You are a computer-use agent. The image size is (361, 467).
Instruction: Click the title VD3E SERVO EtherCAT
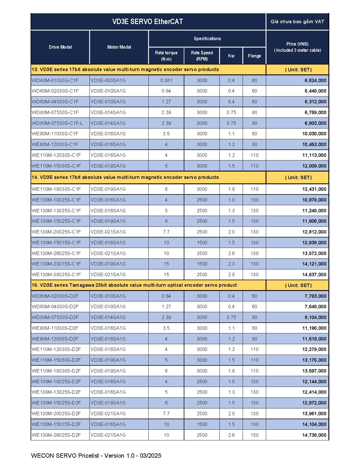point(148,22)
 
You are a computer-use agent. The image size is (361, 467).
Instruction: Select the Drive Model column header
point(60,47)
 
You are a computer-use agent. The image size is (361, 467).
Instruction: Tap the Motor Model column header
point(119,47)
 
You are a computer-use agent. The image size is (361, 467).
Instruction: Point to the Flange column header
point(254,56)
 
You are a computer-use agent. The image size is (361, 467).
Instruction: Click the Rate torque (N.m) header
point(166,56)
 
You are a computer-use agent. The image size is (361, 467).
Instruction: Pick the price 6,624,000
point(315,80)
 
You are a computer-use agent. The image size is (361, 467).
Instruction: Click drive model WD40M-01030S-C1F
point(55,80)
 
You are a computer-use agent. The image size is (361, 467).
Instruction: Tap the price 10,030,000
point(314,134)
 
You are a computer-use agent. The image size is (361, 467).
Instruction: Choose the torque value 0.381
point(166,80)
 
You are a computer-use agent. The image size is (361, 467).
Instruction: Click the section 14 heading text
point(125,177)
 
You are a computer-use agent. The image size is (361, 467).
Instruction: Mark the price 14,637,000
point(314,275)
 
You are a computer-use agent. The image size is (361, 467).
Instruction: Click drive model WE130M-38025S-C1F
point(56,275)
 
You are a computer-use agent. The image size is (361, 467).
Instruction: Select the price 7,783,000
point(315,296)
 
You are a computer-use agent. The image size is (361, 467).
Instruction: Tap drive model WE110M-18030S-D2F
point(56,371)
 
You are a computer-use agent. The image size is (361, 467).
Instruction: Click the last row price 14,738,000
point(314,435)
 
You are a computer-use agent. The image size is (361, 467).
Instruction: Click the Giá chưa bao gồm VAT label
point(297,22)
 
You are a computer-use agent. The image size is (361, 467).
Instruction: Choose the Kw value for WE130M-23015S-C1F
point(231,264)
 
